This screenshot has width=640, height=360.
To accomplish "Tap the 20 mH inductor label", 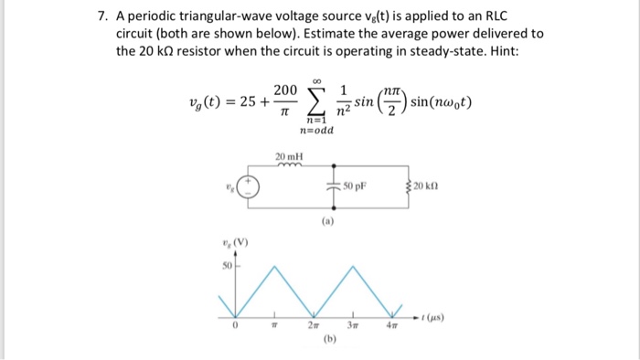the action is coord(288,156).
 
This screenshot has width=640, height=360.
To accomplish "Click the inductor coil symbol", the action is coord(288,167).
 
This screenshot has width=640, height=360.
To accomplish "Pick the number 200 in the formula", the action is coord(285,90).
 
